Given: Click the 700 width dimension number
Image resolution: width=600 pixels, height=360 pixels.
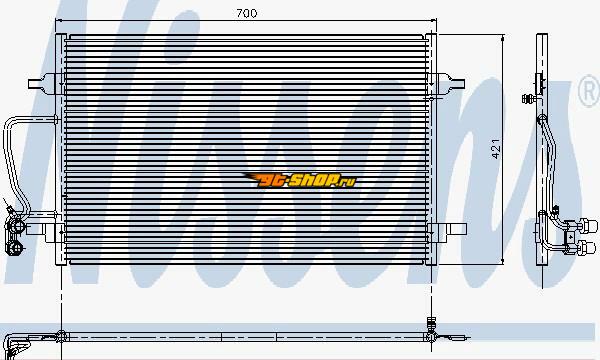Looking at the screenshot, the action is pyautogui.click(x=247, y=13).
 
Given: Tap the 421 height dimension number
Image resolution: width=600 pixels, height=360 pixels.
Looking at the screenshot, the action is pyautogui.click(x=496, y=149).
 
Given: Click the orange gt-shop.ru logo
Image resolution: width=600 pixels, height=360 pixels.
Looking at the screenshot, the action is pyautogui.click(x=301, y=180).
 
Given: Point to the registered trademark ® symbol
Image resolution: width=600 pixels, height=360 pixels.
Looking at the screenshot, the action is pyautogui.click(x=589, y=90).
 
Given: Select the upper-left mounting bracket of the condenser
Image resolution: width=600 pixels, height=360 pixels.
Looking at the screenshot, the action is pyautogui.click(x=42, y=83).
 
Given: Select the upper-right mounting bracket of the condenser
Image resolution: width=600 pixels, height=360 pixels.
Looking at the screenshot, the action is pyautogui.click(x=450, y=83).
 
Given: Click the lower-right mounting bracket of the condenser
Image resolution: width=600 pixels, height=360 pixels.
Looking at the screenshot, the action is pyautogui.click(x=451, y=229).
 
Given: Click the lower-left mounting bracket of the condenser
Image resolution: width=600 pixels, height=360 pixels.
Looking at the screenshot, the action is pyautogui.click(x=43, y=230).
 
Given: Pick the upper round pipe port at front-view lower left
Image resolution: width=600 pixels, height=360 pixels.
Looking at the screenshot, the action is pyautogui.click(x=17, y=226).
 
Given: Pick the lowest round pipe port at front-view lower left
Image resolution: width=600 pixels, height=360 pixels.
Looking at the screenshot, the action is pyautogui.click(x=15, y=248).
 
